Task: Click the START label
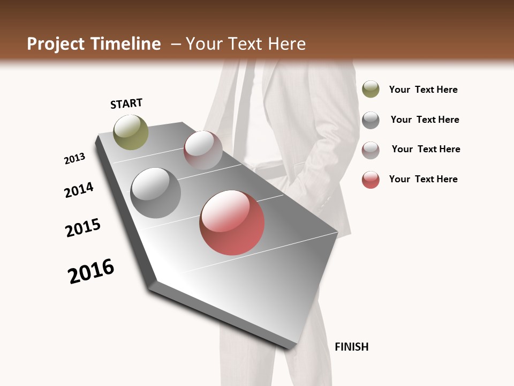click(x=126, y=103)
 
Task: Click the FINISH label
click(x=351, y=347)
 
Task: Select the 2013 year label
click(x=74, y=159)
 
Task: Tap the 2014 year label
click(x=79, y=190)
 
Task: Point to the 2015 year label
click(x=83, y=228)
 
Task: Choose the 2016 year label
click(x=91, y=271)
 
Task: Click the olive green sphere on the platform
click(x=131, y=132)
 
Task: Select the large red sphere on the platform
click(x=232, y=222)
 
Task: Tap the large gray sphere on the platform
click(x=155, y=193)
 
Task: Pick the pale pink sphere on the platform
click(x=203, y=150)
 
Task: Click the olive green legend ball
click(x=371, y=89)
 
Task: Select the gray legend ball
click(x=371, y=120)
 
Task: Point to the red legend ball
click(x=371, y=180)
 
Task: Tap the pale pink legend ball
click(x=371, y=150)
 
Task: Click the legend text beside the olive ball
click(x=423, y=90)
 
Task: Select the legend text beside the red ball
click(x=423, y=179)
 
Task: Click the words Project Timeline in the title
click(x=94, y=44)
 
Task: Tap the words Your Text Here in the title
click(x=245, y=44)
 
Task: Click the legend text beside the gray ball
click(x=425, y=120)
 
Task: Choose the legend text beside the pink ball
click(x=426, y=149)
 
